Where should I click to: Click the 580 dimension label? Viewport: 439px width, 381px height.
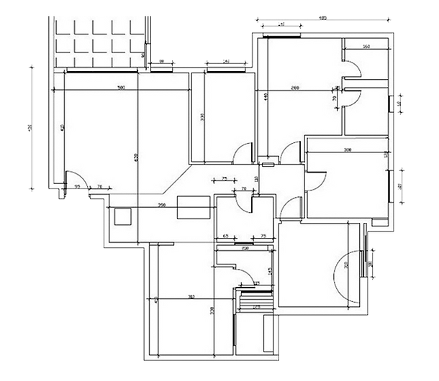[122, 88]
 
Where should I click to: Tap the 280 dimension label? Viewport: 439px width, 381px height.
[294, 87]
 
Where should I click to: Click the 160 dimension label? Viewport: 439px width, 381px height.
[366, 47]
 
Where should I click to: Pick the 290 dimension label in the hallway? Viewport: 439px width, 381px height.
[161, 206]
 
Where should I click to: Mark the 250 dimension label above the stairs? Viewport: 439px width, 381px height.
[245, 249]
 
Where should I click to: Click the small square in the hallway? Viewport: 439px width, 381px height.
[123, 216]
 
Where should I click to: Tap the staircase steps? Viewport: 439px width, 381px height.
[254, 302]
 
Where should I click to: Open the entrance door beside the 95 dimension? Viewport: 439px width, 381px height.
[76, 179]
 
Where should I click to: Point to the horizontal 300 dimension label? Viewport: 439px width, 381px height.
[347, 151]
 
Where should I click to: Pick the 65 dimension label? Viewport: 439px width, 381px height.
[225, 236]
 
